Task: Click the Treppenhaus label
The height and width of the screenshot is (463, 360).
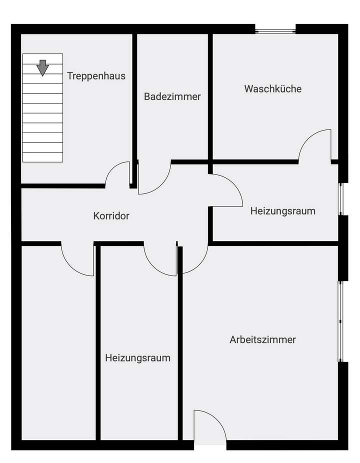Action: [x=96, y=76]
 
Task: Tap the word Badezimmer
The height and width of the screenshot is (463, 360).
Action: [x=172, y=96]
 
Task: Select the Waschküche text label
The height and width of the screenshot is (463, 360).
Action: [x=272, y=89]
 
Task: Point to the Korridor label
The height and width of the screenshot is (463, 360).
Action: [x=111, y=216]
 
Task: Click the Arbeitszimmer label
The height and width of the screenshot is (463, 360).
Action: [x=262, y=340]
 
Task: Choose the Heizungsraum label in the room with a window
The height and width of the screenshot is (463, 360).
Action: [x=282, y=211]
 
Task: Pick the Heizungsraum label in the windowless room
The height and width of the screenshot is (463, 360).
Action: [x=137, y=358]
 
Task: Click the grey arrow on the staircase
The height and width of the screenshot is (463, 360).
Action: [x=43, y=67]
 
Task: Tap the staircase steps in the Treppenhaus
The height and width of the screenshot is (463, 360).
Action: [x=43, y=120]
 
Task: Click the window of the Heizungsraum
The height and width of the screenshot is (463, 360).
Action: [x=341, y=199]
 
